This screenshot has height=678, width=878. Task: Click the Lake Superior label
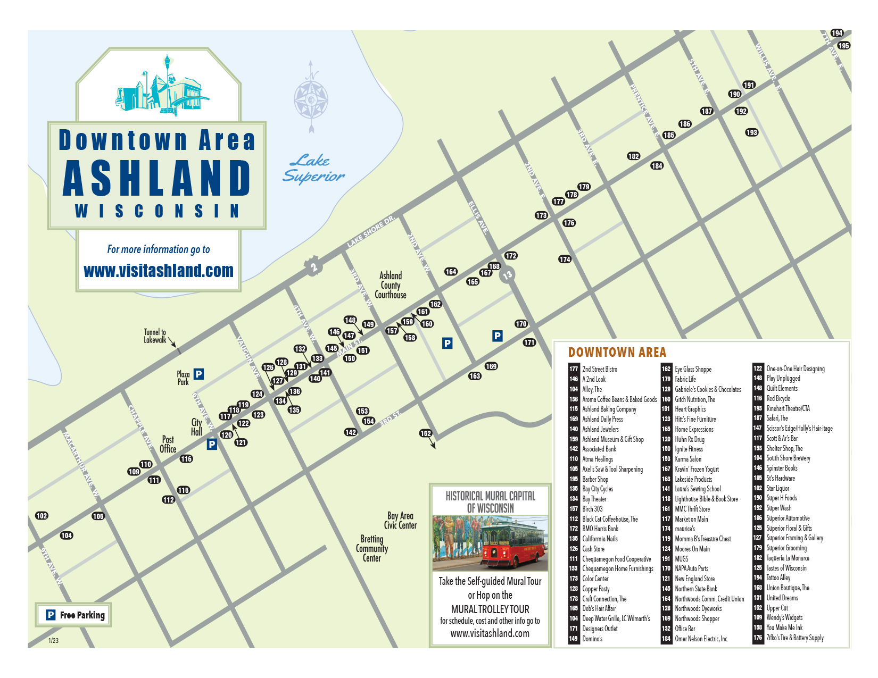pos(313,168)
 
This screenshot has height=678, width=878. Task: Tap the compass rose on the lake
pos(311,98)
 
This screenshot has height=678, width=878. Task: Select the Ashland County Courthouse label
pos(391,285)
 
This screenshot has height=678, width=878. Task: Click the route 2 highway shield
pos(314,267)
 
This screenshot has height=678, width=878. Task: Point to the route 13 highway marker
pos(507,274)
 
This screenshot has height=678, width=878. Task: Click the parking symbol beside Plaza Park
pos(198,374)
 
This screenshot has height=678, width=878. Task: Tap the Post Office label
pos(168,444)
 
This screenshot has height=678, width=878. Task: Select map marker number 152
pos(426,433)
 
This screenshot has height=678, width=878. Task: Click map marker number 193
pos(751,132)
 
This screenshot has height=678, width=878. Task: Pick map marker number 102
pos(42,516)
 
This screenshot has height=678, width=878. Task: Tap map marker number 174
pos(565,260)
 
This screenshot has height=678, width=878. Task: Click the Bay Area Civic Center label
pos(400,521)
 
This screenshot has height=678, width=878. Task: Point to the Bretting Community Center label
pos(372,548)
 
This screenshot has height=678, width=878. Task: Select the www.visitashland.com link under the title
pos(159,271)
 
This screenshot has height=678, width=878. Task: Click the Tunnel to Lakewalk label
pos(155,336)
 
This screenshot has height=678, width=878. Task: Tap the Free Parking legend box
pos(73,615)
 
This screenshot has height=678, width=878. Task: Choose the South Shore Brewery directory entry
pos(788,458)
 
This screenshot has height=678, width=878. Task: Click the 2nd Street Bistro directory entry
pos(600,369)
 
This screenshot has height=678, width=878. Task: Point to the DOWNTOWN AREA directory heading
pos(617,352)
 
